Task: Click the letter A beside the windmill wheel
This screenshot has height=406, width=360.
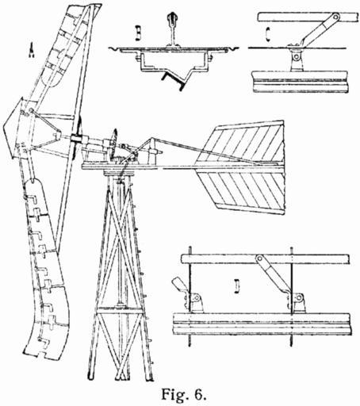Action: pos(32,51)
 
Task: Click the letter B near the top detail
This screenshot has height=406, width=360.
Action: pos(138,33)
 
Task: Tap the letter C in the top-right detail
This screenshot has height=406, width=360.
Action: pos(267,34)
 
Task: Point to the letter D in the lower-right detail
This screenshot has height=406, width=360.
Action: pos(237,287)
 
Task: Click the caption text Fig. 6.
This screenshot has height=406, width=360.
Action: pos(184,394)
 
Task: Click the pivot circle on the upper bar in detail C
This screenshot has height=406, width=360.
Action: pos(335,17)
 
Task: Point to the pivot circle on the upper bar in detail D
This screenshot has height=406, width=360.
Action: pos(260,259)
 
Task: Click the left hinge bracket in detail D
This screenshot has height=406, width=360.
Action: pos(196,304)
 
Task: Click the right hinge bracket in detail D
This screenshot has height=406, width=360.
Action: pos(298,304)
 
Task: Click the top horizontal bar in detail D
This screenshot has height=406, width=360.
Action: pos(265,259)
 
